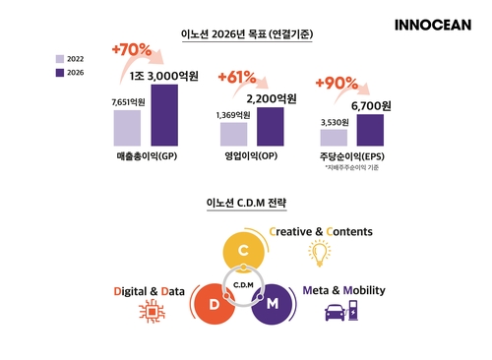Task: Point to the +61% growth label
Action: click(x=237, y=77)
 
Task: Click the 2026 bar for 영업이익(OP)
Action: click(x=269, y=127)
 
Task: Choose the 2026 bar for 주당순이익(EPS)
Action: click(x=370, y=130)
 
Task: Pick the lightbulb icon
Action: click(x=320, y=254)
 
